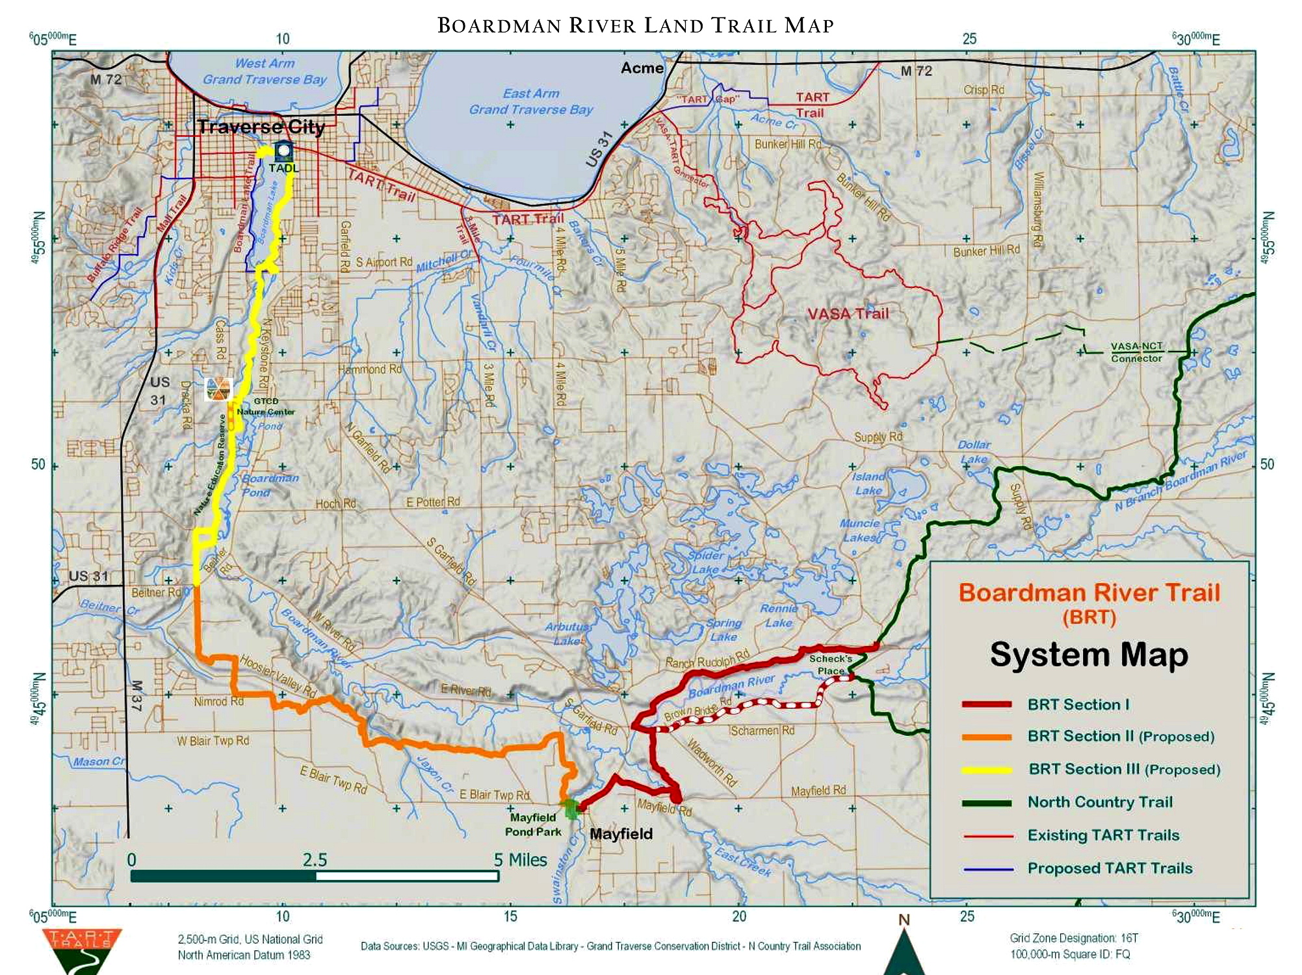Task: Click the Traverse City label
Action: [x=261, y=127]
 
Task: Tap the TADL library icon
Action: [x=283, y=151]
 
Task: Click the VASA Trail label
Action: [x=848, y=314]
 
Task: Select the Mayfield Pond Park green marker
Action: [x=571, y=809]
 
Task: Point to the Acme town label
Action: [x=642, y=68]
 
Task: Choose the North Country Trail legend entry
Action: [x=1100, y=802]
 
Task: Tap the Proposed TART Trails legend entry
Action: [x=1110, y=868]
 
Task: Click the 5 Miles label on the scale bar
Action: [x=520, y=860]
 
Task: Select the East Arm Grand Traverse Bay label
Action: [x=531, y=102]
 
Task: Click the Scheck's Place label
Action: [x=830, y=664]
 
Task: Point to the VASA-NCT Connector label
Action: [x=1136, y=352]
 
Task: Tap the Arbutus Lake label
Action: [x=567, y=634]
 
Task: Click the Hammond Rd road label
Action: [x=370, y=369]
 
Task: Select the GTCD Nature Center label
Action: [x=265, y=406]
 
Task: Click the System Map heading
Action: [x=1089, y=655]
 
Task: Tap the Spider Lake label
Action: [x=705, y=562]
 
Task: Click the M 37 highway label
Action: [x=136, y=695]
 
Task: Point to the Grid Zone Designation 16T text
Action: [x=1074, y=938]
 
